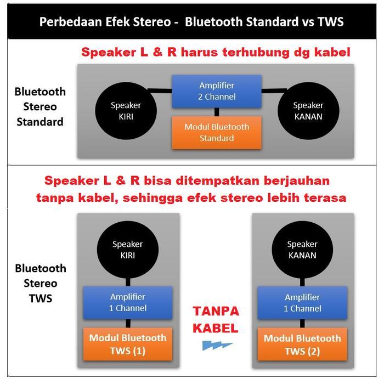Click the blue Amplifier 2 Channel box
pyautogui.click(x=217, y=91)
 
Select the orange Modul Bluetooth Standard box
pyautogui.click(x=217, y=133)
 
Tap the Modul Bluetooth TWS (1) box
pyautogui.click(x=128, y=344)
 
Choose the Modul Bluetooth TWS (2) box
pyautogui.click(x=302, y=344)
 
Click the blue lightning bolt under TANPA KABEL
pyautogui.click(x=217, y=345)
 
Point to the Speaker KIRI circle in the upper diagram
pyautogui.click(x=126, y=111)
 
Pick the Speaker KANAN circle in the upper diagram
pyautogui.click(x=308, y=111)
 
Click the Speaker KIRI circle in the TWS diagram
pyautogui.click(x=128, y=250)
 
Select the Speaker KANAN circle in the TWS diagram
pyautogui.click(x=302, y=250)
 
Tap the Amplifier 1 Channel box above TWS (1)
pyautogui.click(x=128, y=303)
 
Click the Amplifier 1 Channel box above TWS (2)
pyautogui.click(x=302, y=303)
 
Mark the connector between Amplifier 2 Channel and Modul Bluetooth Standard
pyautogui.click(x=217, y=112)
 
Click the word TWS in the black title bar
pyautogui.click(x=331, y=21)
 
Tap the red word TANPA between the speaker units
pyautogui.click(x=216, y=311)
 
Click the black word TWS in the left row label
pyautogui.click(x=41, y=298)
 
